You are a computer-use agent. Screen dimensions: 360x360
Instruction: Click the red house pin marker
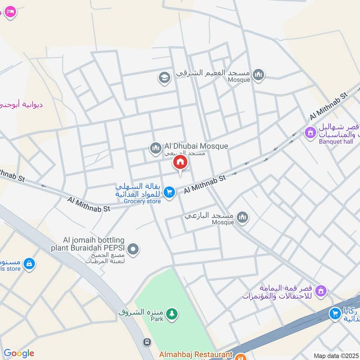click(180, 163)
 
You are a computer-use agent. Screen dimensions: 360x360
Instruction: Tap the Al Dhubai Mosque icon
click(156, 147)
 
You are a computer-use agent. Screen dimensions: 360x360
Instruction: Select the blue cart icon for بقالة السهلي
click(169, 193)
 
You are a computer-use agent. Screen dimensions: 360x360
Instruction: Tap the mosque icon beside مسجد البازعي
click(243, 218)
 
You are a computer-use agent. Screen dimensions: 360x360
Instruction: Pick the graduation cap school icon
click(164, 78)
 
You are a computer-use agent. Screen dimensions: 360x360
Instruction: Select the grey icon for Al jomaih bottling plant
click(133, 248)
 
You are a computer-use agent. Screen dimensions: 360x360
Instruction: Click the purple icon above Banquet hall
click(310, 133)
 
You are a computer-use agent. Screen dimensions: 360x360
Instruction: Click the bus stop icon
click(147, 342)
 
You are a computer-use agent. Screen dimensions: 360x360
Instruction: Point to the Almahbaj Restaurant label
click(195, 355)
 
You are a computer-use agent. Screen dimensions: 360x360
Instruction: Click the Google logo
click(18, 353)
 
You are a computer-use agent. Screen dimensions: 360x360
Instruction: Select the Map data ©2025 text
click(335, 355)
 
